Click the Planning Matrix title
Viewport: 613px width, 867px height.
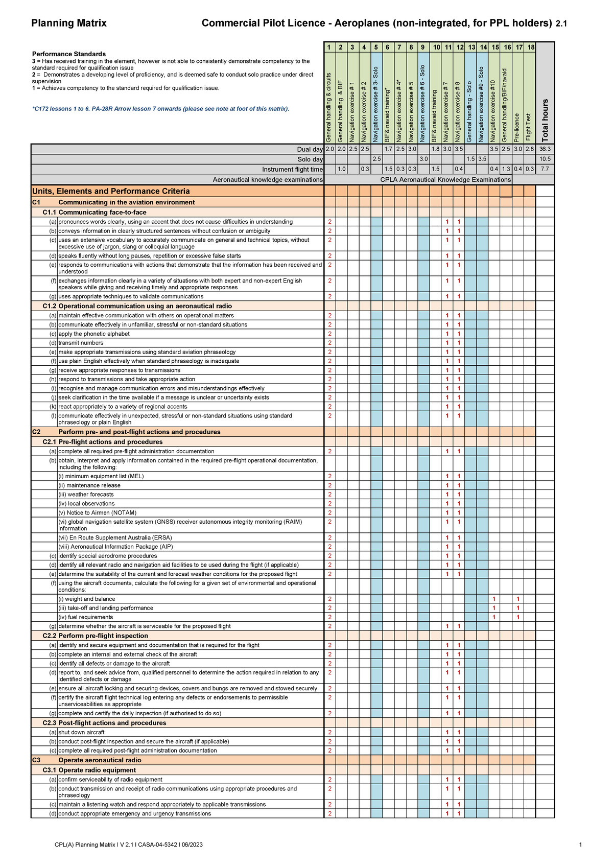(x=69, y=23)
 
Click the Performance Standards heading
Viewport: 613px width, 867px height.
(x=69, y=54)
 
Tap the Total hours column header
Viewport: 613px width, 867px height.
(x=545, y=120)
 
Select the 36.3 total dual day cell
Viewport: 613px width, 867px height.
(x=545, y=149)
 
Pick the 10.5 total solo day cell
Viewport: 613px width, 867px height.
(x=545, y=159)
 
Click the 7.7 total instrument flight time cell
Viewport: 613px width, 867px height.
(x=545, y=169)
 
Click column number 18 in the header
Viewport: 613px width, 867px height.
(x=531, y=48)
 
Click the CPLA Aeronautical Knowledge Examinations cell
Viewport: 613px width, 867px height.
(x=445, y=180)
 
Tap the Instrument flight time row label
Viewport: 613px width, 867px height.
(x=292, y=170)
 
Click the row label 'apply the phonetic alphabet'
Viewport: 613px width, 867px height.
(x=94, y=334)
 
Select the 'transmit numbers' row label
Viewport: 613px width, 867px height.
(x=81, y=343)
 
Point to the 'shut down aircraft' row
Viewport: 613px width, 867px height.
(x=81, y=732)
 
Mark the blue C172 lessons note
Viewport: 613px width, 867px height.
(x=160, y=109)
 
